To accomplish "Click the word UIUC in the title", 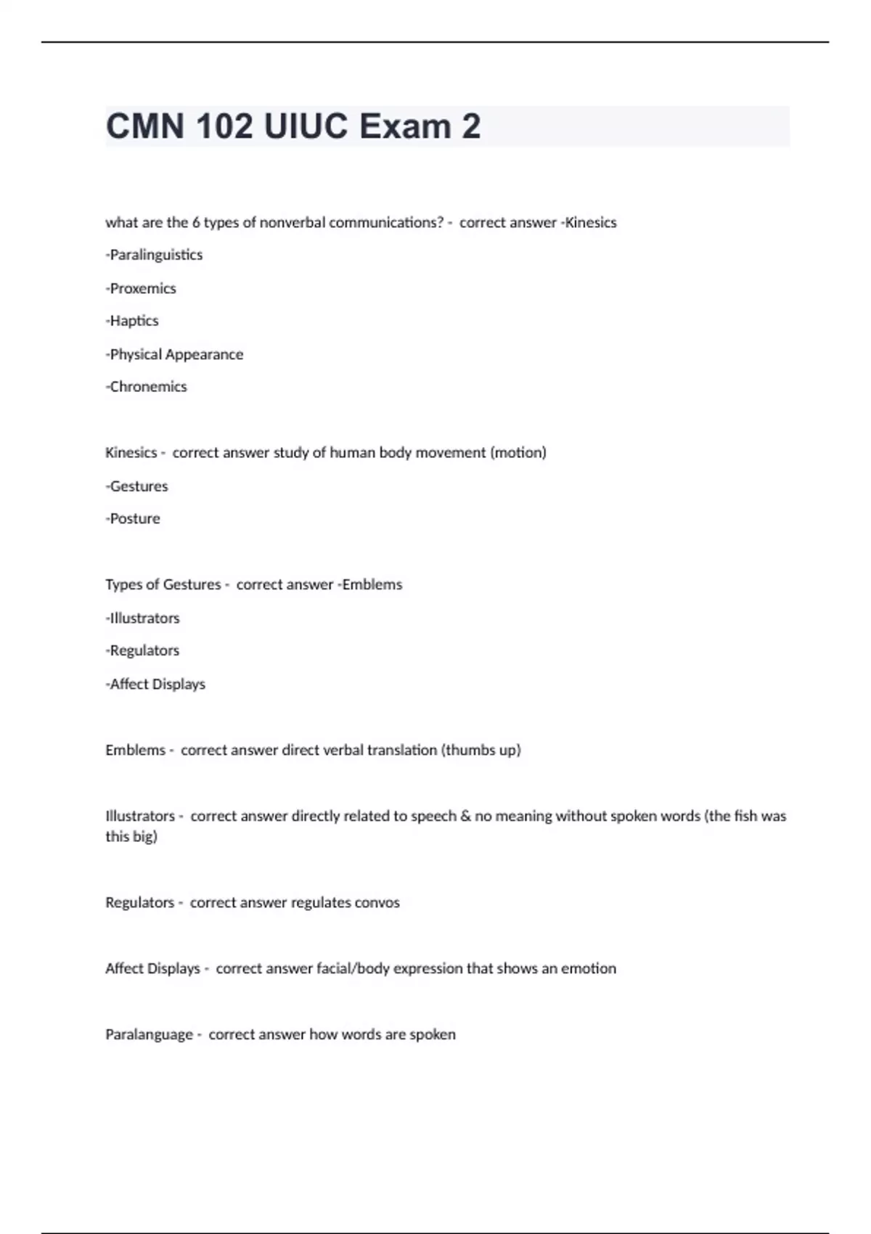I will [x=306, y=126].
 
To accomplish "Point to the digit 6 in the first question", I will [x=196, y=223].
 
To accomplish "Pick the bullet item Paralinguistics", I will [x=155, y=255].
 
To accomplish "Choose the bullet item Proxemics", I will [x=142, y=288].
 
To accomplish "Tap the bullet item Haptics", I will [x=134, y=321].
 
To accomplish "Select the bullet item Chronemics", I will [x=147, y=387].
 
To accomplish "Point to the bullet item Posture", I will [x=134, y=519].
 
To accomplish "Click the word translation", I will [x=402, y=750].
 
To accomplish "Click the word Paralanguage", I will [x=149, y=1034].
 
